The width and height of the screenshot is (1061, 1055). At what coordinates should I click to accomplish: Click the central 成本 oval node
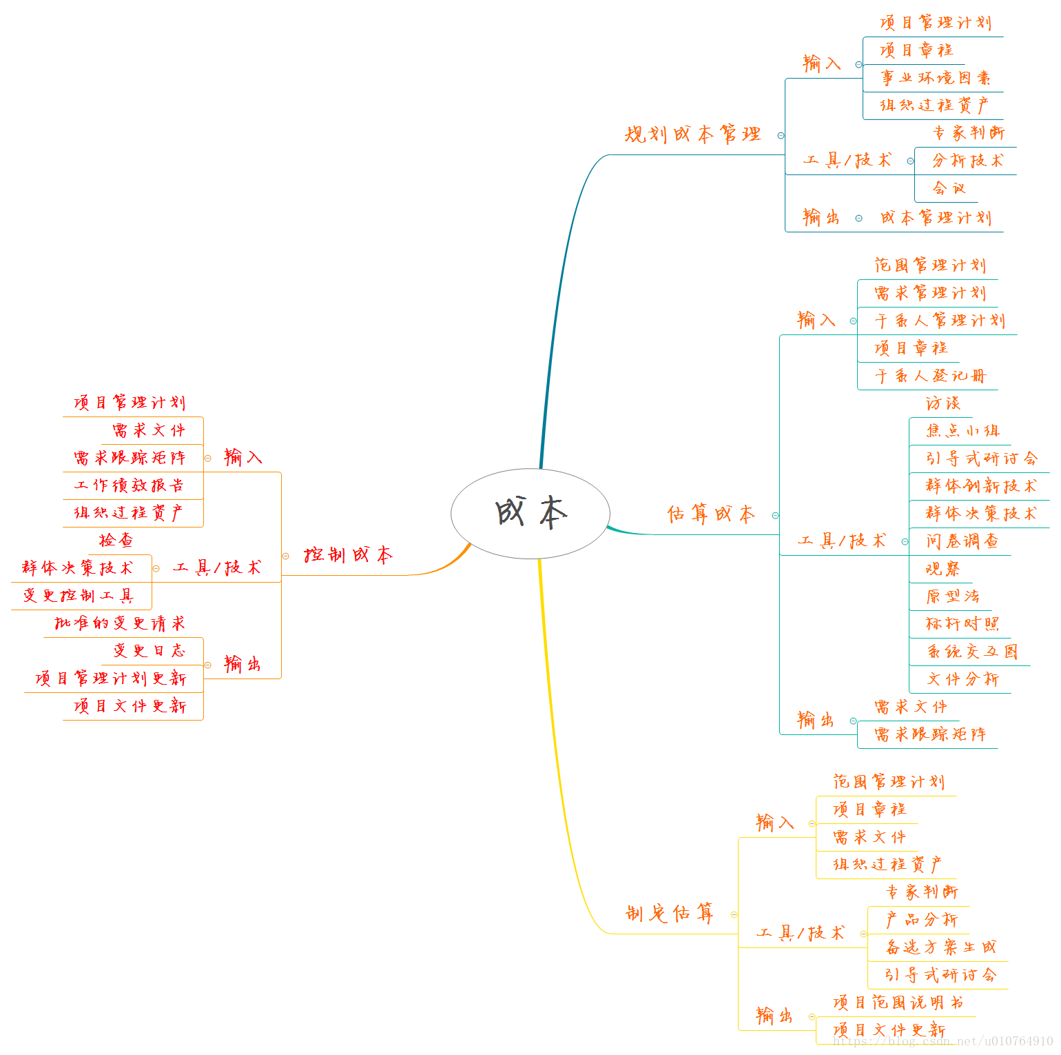[x=530, y=513]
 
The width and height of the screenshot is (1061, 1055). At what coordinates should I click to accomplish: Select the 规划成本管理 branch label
[x=692, y=134]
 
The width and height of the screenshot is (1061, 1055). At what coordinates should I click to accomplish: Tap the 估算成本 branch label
[x=711, y=514]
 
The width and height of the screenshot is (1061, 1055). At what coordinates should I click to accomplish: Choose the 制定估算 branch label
[x=669, y=914]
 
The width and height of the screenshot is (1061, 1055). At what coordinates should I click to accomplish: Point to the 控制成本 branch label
[x=348, y=555]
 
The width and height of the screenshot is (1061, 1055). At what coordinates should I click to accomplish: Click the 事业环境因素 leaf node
[x=935, y=78]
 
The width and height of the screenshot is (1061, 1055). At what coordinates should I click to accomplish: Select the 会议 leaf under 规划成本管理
[x=949, y=188]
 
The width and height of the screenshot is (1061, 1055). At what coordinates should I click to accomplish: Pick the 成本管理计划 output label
[x=935, y=218]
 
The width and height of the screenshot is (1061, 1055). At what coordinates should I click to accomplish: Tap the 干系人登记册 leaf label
[x=930, y=376]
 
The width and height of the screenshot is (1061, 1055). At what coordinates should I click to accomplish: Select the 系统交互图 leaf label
[x=971, y=652]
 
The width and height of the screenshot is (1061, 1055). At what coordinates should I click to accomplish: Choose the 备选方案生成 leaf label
[x=940, y=947]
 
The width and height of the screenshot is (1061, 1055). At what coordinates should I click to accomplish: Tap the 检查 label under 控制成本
[x=116, y=540]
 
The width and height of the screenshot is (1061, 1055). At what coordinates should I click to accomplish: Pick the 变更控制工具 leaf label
[x=78, y=596]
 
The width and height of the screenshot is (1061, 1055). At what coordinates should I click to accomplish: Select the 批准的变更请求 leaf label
[x=120, y=623]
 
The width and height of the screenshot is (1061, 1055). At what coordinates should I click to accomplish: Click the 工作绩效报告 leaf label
[x=129, y=485]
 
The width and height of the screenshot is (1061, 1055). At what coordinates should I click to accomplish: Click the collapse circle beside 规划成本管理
[x=781, y=136]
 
